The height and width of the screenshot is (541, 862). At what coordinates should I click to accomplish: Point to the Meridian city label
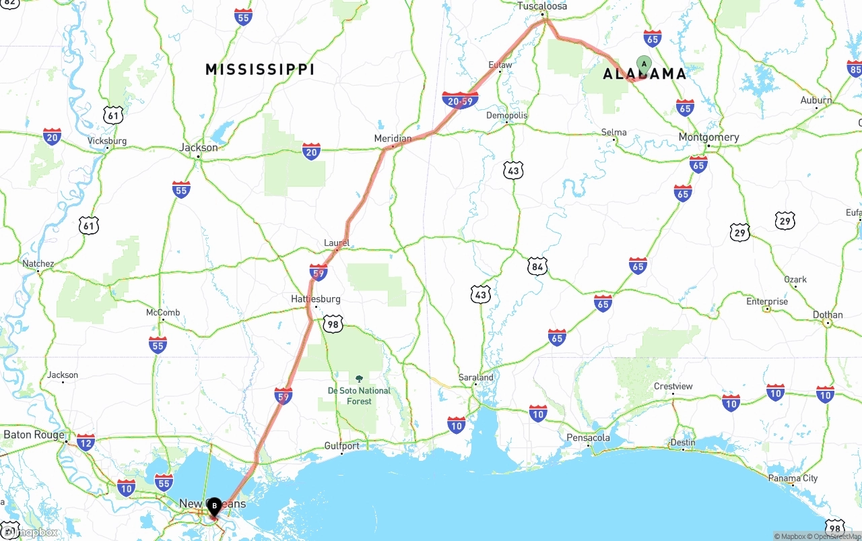click(393, 138)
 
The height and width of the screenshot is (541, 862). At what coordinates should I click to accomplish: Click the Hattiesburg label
click(316, 298)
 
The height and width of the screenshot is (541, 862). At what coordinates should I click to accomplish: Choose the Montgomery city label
click(708, 137)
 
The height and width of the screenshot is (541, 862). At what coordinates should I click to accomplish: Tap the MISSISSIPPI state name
click(260, 69)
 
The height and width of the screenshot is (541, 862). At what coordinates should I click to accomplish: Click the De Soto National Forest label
click(359, 395)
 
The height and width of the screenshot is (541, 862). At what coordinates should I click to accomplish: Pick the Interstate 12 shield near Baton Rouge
click(86, 442)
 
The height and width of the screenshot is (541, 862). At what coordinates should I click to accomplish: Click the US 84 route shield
click(537, 267)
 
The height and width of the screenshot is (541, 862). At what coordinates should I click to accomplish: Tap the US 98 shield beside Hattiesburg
click(333, 324)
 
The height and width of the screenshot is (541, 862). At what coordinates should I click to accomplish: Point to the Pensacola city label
click(588, 438)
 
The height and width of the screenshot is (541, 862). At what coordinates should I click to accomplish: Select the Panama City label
click(793, 478)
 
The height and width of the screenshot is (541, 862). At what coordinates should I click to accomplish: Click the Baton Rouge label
click(34, 435)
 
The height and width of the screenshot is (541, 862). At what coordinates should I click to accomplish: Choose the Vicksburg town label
click(107, 141)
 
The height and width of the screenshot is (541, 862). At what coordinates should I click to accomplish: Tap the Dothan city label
click(828, 315)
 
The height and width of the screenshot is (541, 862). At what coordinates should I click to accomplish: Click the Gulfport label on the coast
click(342, 445)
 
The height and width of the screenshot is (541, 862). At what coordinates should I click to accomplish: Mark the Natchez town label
click(38, 263)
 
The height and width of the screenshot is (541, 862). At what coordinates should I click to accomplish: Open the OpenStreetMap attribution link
click(836, 536)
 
